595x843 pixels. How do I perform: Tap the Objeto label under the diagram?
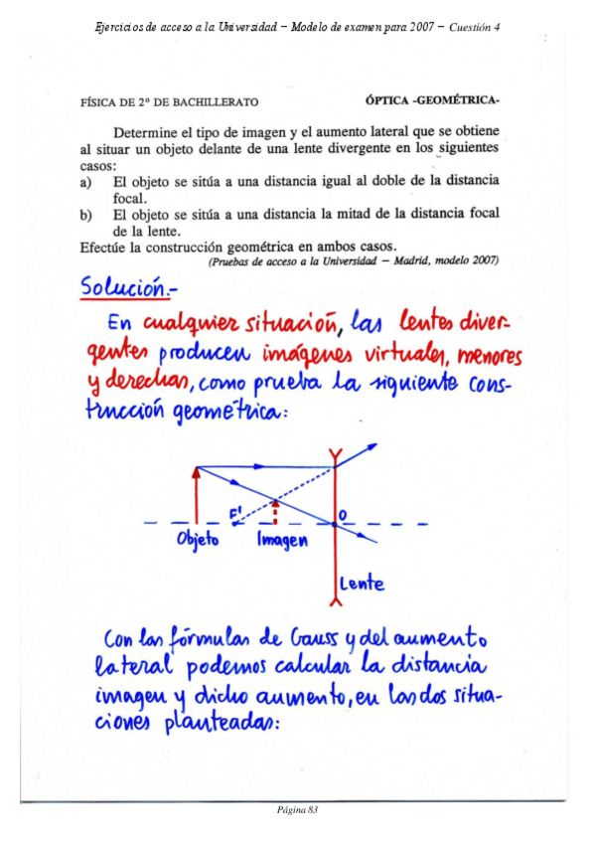click(199, 540)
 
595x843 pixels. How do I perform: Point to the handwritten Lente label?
click(363, 583)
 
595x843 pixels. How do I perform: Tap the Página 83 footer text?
click(297, 811)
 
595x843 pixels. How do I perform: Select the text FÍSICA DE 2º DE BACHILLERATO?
click(169, 101)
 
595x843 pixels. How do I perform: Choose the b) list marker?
click(86, 214)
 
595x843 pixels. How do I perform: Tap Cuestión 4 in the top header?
click(474, 27)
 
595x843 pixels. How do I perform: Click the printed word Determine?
click(150, 131)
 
